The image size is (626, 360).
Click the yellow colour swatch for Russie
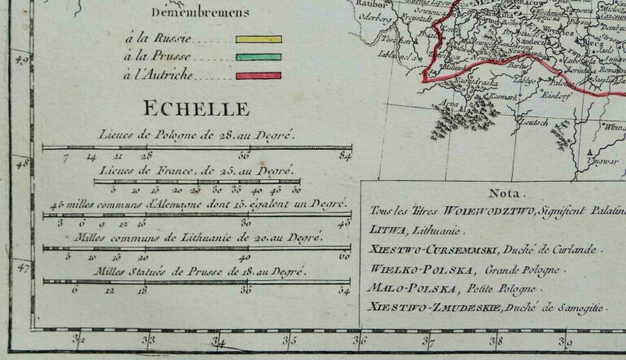258,38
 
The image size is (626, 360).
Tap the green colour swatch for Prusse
258,57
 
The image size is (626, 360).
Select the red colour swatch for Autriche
258,75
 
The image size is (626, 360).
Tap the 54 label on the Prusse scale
344,289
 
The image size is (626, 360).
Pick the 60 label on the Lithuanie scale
344,256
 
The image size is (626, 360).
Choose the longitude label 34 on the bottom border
218,341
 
